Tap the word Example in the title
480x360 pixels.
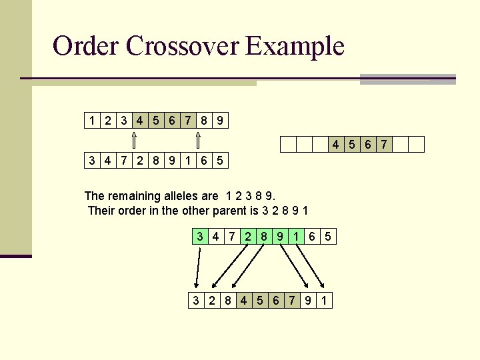(x=294, y=46)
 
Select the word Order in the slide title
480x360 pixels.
(x=85, y=46)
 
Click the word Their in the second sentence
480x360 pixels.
(x=101, y=211)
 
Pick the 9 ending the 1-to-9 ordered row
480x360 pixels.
(x=221, y=121)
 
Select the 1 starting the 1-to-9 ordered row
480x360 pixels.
(x=91, y=121)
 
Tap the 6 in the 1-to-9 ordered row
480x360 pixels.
(x=172, y=121)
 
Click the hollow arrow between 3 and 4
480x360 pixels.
(x=133, y=140)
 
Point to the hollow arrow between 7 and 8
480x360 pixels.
(x=198, y=140)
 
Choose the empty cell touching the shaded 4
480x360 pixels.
(x=320, y=144)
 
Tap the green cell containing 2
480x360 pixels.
(x=248, y=236)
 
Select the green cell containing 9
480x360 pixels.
(x=280, y=236)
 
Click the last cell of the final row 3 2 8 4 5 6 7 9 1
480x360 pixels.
(x=324, y=301)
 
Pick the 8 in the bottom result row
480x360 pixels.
(x=227, y=301)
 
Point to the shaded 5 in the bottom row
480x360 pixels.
(x=260, y=301)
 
